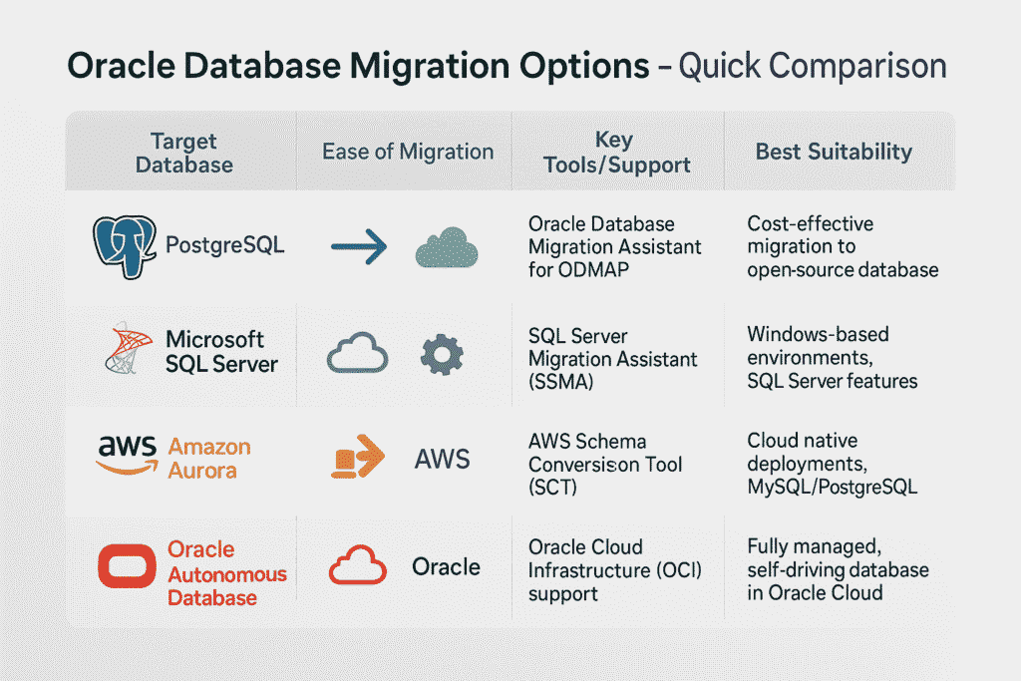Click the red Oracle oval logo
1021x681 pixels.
[126, 567]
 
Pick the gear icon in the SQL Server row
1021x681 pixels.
[441, 354]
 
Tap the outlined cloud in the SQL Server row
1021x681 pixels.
[357, 354]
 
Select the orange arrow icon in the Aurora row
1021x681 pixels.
[356, 458]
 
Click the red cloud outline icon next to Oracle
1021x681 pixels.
[357, 566]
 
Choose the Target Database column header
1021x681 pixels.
[183, 152]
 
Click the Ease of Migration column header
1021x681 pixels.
[407, 152]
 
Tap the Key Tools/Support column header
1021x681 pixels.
[616, 152]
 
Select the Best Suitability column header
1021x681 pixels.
[834, 152]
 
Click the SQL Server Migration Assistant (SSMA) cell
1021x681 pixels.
[612, 358]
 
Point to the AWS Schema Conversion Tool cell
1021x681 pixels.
[605, 464]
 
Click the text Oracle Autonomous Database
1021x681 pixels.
[226, 573]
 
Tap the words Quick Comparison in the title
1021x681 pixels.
[812, 67]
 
